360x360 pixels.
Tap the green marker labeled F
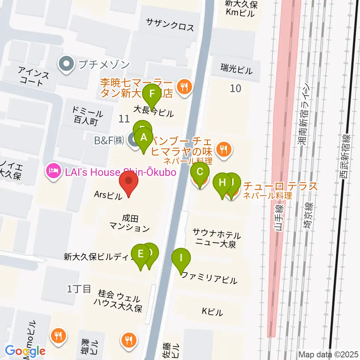[152, 94]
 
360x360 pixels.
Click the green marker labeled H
[222, 184]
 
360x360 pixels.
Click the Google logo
[25, 351]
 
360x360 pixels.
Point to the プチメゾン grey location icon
[66, 64]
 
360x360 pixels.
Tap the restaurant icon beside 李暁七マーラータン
[184, 87]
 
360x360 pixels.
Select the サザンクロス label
[170, 27]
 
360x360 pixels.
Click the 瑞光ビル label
[237, 69]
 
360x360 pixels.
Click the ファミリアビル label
[209, 280]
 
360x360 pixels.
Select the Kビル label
[212, 311]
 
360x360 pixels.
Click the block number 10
[235, 88]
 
